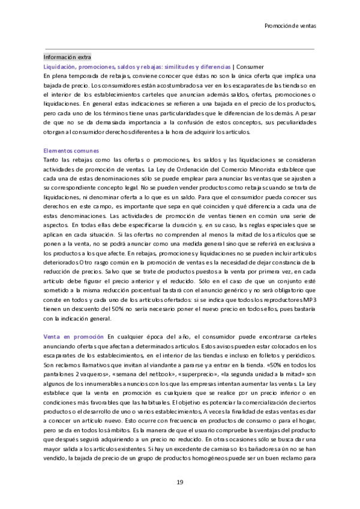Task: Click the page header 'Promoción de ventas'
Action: (x=290, y=26)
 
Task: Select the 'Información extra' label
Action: (x=67, y=56)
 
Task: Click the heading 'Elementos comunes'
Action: (x=71, y=150)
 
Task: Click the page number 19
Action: (x=179, y=483)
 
